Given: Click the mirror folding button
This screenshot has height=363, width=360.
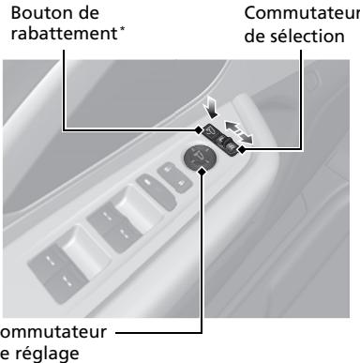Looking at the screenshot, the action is click(x=211, y=131).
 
